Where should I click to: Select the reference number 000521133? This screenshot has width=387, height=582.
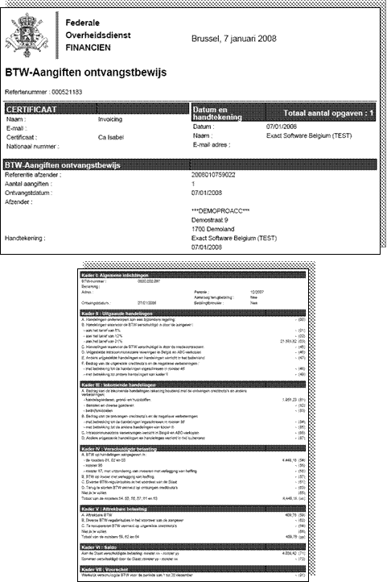[65, 92]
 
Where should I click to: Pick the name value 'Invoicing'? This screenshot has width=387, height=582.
[110, 118]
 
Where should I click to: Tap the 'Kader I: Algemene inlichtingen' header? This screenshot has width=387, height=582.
[129, 276]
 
